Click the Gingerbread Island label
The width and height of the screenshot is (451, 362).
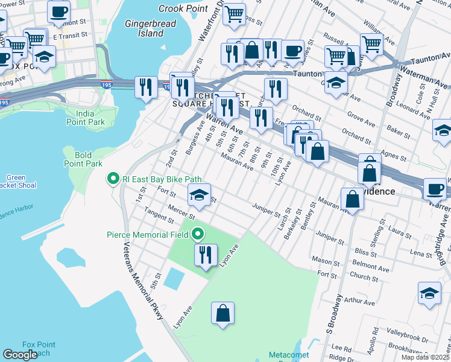(x=144, y=28)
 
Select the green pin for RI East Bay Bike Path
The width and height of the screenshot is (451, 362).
(x=112, y=178)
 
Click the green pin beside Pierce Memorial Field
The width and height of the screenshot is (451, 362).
(x=198, y=235)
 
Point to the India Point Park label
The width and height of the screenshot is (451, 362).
(x=90, y=118)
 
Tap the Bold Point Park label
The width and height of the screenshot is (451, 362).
(x=83, y=159)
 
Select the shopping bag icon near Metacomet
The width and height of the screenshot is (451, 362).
(x=222, y=313)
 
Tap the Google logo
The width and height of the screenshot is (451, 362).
(x=20, y=355)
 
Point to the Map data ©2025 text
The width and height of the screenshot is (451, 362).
(x=425, y=357)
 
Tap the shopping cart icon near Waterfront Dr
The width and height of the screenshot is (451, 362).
(x=234, y=13)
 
